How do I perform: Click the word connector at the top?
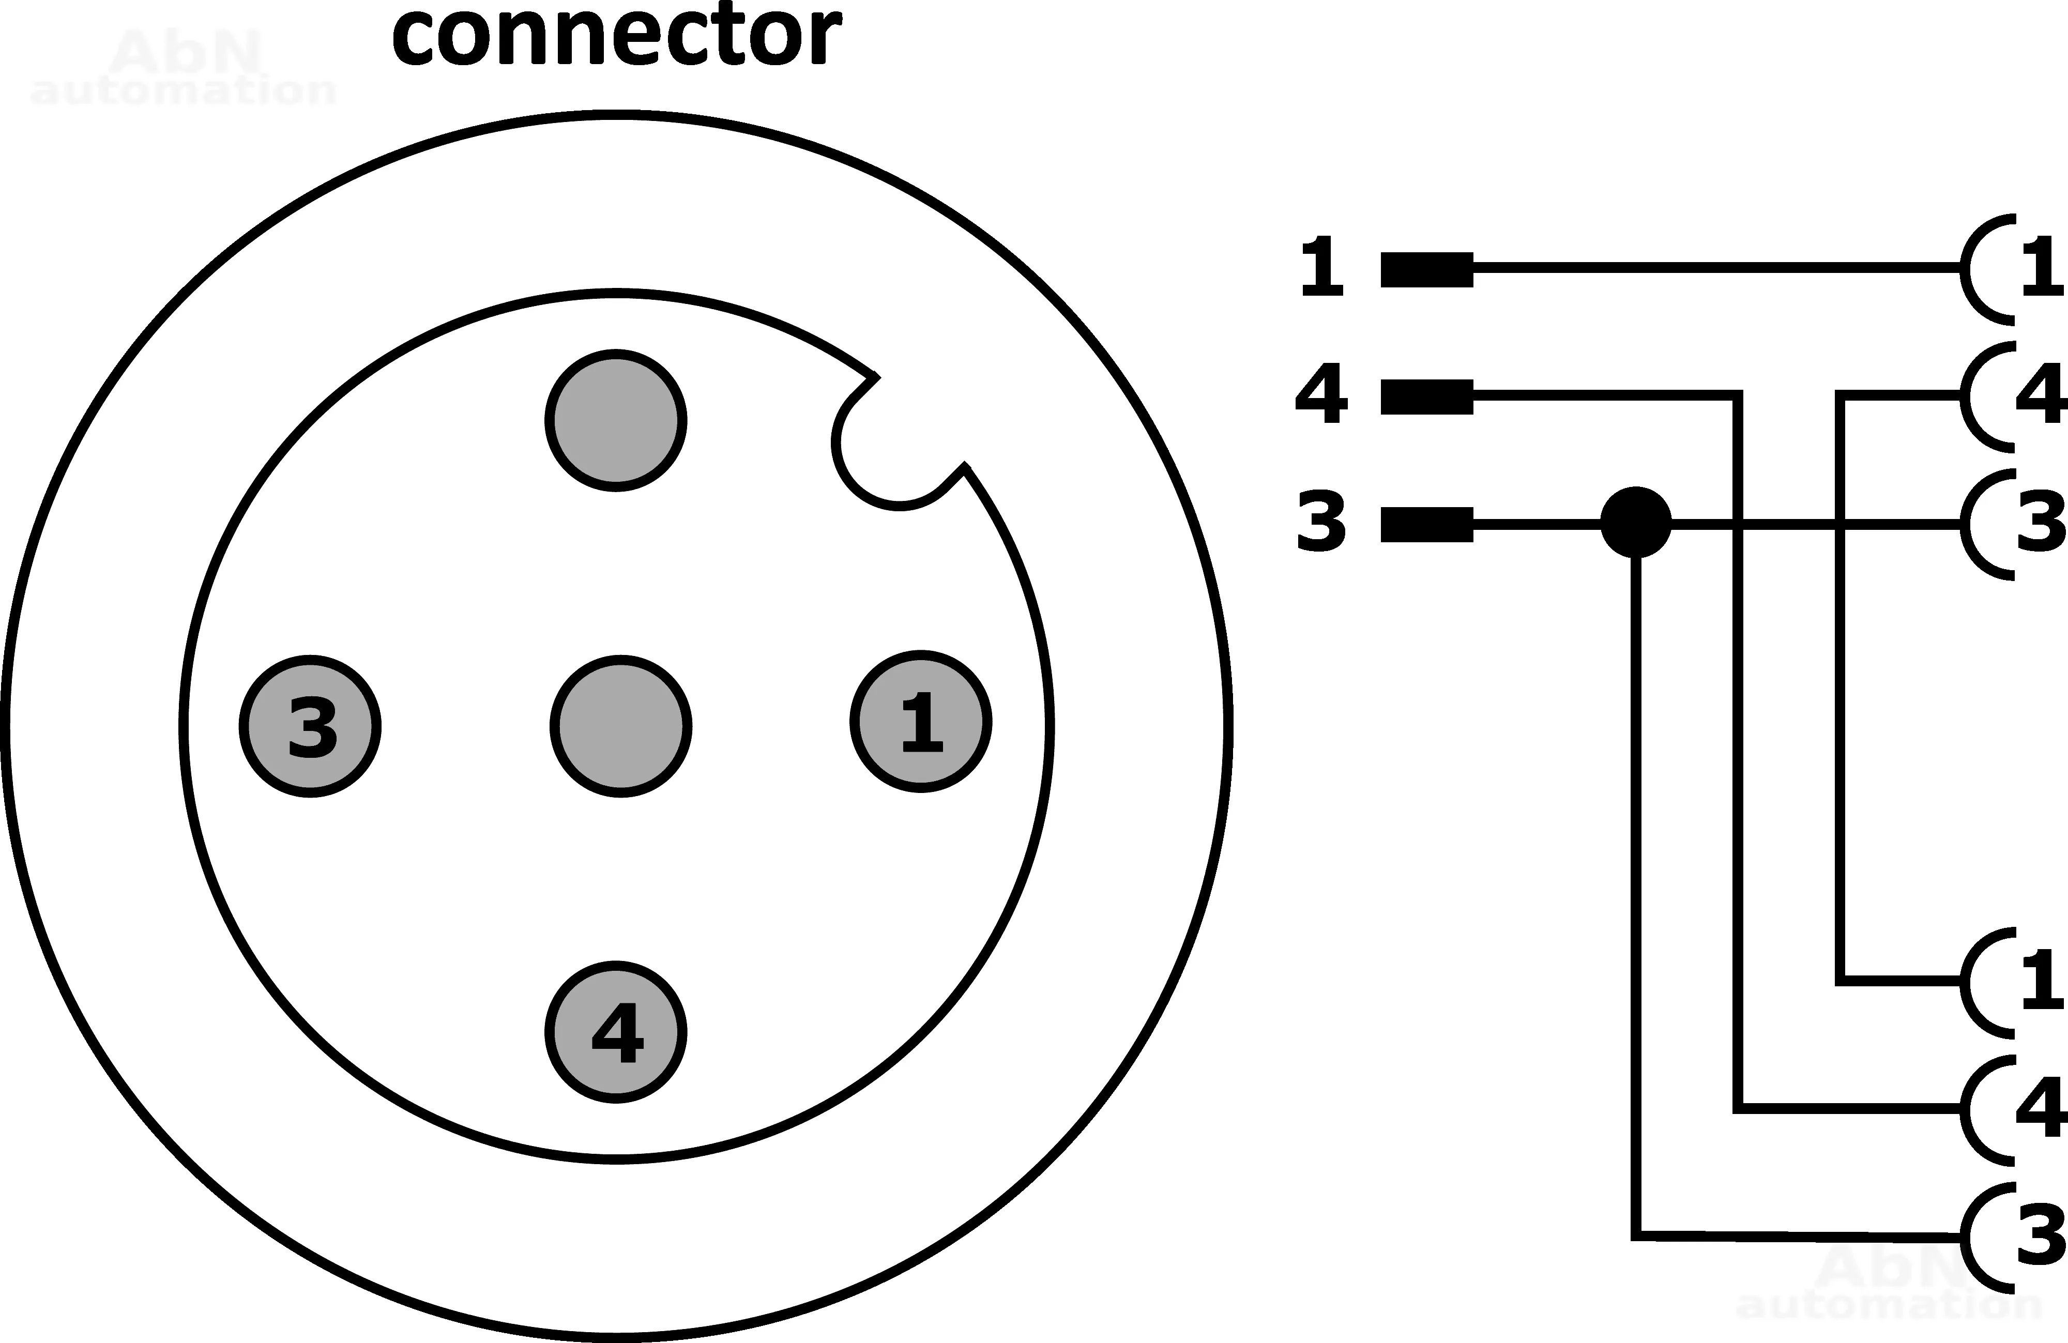coord(616,37)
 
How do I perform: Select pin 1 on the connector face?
coord(921,721)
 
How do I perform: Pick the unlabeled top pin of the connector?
coord(616,420)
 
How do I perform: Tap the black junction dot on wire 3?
coord(1635,522)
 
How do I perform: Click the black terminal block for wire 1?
coord(1427,269)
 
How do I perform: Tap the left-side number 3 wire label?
coord(1321,521)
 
